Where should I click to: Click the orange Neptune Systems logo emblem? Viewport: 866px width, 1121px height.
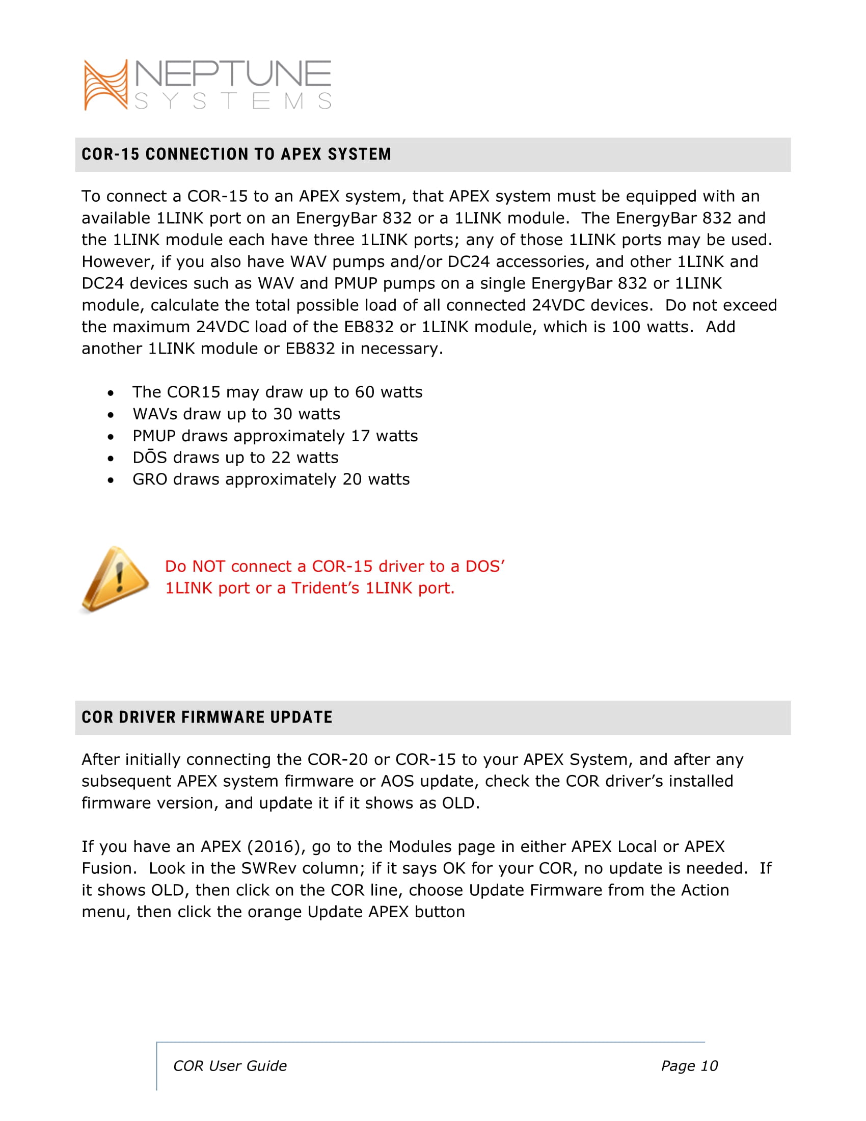click(x=105, y=85)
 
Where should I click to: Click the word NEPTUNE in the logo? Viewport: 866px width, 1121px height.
click(x=233, y=74)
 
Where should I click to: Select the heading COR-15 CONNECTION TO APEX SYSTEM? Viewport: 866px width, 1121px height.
click(x=236, y=154)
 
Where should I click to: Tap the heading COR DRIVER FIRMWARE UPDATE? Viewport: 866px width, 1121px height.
click(x=207, y=717)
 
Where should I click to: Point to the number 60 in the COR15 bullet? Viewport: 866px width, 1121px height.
click(x=365, y=392)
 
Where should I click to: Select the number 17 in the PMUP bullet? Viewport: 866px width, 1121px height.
click(x=360, y=436)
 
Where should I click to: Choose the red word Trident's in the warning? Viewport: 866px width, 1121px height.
click(x=326, y=588)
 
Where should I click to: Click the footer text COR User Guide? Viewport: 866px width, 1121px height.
click(x=230, y=1066)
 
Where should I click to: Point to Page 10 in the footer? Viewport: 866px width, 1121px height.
click(x=689, y=1066)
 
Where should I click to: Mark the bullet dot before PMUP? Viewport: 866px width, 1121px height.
click(x=111, y=437)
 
